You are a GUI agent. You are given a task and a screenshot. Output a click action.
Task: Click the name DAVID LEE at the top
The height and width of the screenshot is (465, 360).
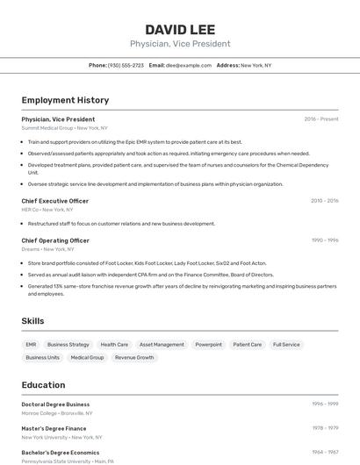[x=179, y=29]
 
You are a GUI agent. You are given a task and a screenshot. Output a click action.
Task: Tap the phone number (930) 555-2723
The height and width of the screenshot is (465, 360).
[x=126, y=65]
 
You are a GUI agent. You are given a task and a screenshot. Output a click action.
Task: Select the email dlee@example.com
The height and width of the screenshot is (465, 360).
[x=189, y=65]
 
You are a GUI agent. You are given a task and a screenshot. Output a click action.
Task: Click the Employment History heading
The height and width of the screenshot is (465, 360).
[x=65, y=100]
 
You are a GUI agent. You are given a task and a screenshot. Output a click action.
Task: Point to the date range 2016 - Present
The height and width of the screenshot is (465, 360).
[x=321, y=119]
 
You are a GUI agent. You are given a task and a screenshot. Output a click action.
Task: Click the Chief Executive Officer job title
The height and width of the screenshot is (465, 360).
[x=54, y=201]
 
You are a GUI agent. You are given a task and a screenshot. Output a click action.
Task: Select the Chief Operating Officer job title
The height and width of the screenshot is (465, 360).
[x=55, y=240]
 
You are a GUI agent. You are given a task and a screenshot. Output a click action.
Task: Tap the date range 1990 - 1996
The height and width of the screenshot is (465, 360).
[x=324, y=240]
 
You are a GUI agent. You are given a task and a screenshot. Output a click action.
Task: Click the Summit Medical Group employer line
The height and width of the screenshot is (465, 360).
[x=65, y=128]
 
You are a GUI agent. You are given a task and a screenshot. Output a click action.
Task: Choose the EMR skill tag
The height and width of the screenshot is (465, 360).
[x=31, y=345]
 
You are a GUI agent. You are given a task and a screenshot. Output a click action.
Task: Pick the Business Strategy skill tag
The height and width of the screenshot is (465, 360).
[x=68, y=345]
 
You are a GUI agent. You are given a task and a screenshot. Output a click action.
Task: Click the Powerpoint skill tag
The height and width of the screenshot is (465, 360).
[x=208, y=345]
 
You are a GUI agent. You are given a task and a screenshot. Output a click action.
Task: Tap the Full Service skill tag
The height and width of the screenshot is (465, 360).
[x=286, y=345]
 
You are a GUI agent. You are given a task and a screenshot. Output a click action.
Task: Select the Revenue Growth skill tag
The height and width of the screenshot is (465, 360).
[x=134, y=358]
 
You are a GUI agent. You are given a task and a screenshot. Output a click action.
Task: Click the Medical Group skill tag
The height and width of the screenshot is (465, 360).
[x=87, y=358]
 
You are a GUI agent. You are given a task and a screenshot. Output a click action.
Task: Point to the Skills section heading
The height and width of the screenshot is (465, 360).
[x=32, y=321]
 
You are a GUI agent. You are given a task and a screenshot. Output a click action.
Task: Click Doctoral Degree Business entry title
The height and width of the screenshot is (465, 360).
[x=55, y=404]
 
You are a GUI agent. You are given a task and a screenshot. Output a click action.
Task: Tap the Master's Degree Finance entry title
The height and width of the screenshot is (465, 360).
[x=54, y=428]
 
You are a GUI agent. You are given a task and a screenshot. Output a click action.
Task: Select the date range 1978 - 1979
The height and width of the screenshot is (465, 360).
[x=324, y=428]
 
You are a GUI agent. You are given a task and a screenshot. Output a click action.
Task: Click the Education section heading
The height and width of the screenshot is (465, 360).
[x=43, y=385]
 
